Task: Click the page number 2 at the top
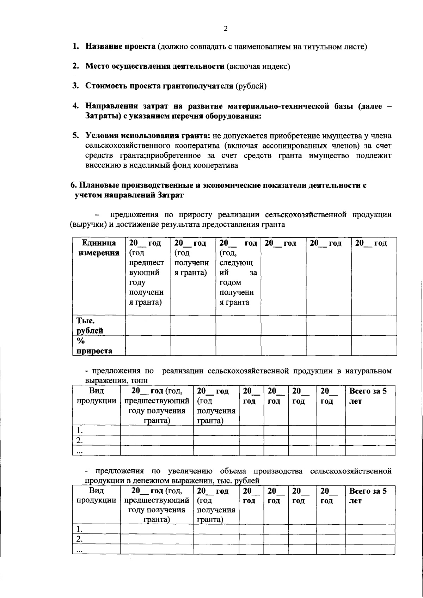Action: [x=226, y=29]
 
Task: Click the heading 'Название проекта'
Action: [x=120, y=47]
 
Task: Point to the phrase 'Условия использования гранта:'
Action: [x=148, y=136]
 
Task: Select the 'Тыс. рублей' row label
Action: [x=90, y=325]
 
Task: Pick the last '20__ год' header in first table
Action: [x=371, y=243]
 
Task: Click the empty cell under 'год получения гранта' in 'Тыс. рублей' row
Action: [x=193, y=325]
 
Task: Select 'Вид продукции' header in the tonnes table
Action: [x=96, y=396]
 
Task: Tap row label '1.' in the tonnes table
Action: [x=80, y=431]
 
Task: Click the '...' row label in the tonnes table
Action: [x=80, y=451]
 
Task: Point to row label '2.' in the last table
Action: [x=80, y=539]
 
